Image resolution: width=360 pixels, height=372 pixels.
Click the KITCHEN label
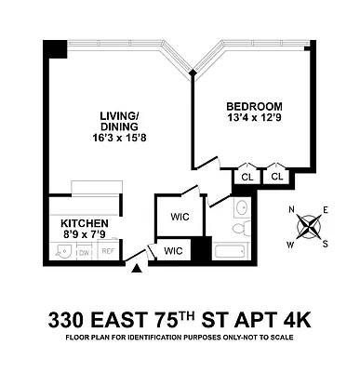(85, 224)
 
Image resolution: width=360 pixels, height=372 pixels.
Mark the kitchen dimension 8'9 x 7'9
(85, 236)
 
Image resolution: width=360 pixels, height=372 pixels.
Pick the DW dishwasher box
(84, 252)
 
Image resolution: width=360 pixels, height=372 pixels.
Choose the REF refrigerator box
(108, 252)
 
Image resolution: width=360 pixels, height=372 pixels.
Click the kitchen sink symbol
(61, 252)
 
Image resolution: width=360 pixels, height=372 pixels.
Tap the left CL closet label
(247, 176)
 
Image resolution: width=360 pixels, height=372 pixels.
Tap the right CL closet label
(277, 176)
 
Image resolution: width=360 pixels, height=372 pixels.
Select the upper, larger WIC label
(180, 218)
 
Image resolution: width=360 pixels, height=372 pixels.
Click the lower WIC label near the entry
(173, 251)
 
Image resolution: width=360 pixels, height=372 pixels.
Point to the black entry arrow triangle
(138, 269)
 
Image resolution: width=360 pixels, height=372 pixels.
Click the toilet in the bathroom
(237, 228)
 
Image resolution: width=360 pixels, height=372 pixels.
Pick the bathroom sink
(241, 207)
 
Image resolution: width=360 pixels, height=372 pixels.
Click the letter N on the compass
(291, 210)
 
